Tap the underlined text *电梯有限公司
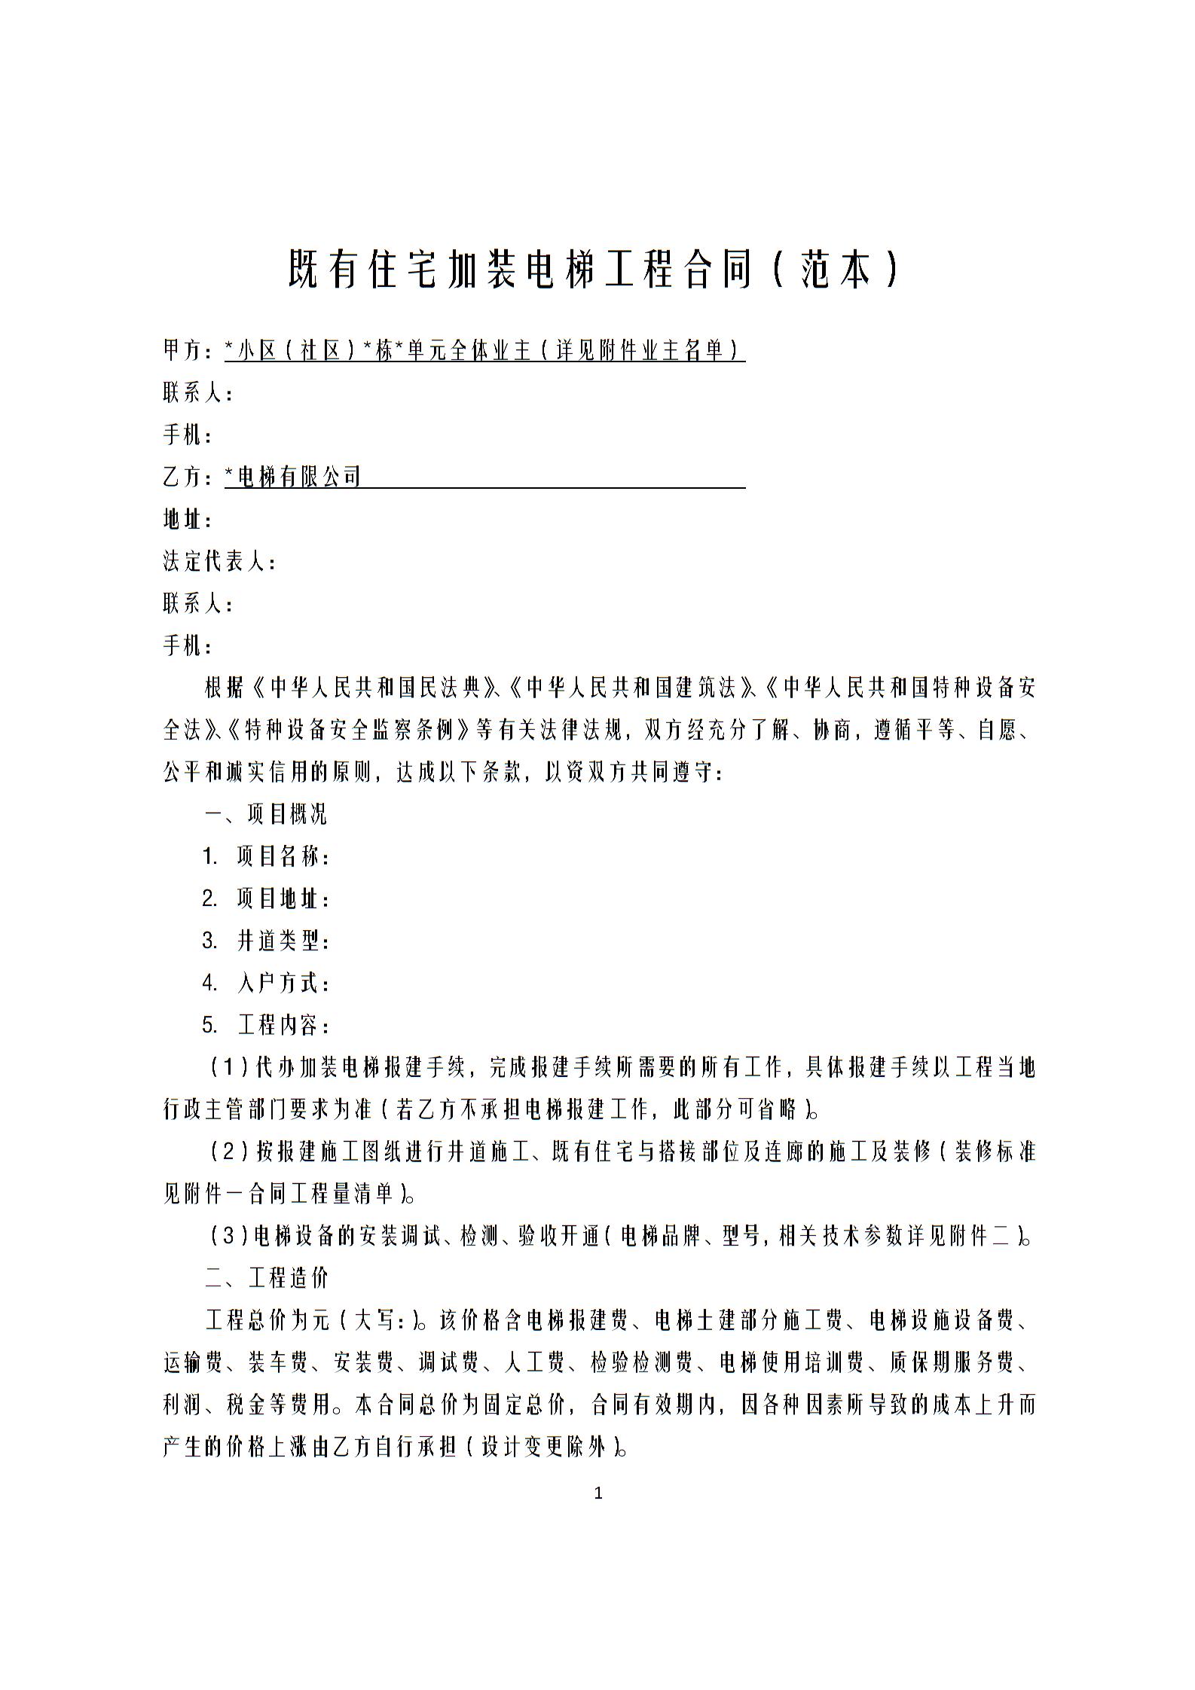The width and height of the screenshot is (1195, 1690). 294,477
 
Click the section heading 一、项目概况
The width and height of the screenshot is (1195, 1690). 266,815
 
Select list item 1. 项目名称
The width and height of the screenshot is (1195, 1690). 265,857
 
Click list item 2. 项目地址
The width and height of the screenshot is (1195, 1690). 265,899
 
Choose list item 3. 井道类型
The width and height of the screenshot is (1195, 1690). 265,941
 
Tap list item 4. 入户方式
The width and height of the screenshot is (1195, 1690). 265,984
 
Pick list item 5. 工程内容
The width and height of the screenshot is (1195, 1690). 265,1026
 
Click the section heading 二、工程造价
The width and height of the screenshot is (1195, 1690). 266,1279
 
